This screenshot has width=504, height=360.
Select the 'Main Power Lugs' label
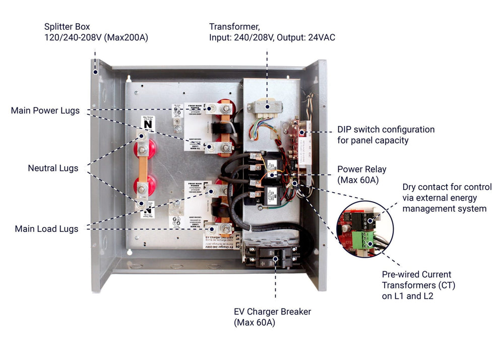pos(45,110)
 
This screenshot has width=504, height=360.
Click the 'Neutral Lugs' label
pos(53,168)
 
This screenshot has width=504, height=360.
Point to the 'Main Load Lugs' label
pos(46,229)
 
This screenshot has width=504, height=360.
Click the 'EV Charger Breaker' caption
pos(272,312)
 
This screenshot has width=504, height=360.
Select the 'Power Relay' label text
pos(362,169)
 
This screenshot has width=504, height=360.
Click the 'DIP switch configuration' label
pos(386,130)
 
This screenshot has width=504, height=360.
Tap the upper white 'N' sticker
pos(147,122)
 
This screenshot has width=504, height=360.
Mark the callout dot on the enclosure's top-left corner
pos(95,72)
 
